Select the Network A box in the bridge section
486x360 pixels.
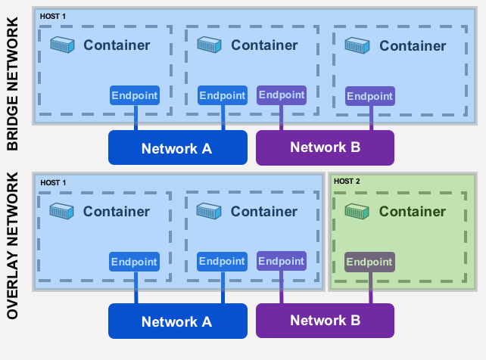(x=178, y=147)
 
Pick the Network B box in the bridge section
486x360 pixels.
(x=325, y=147)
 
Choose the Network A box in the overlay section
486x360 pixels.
(x=177, y=321)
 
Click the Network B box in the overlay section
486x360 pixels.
(x=325, y=320)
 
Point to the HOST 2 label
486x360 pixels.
(x=348, y=182)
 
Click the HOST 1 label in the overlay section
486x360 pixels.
(x=54, y=183)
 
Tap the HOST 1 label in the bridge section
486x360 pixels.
(x=54, y=16)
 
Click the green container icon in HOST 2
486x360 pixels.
(x=357, y=211)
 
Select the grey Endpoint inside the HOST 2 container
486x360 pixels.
(x=369, y=262)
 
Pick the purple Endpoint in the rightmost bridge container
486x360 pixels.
(x=369, y=96)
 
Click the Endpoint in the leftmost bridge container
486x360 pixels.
(x=135, y=95)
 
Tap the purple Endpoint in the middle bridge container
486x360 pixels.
(x=281, y=95)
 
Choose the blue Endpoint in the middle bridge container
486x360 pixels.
(x=223, y=95)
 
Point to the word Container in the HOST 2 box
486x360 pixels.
(x=413, y=212)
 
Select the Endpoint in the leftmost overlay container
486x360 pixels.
(x=134, y=262)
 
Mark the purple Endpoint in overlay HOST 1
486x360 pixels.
(x=281, y=261)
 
